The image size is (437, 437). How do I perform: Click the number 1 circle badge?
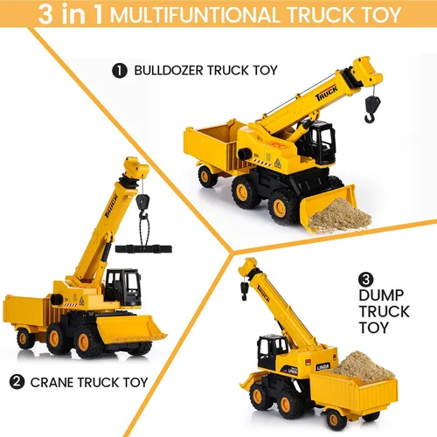[x=120, y=71]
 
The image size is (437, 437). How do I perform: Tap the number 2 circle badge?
[x=17, y=382]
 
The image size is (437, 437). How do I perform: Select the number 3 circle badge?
[x=366, y=280]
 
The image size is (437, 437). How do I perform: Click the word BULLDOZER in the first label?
[x=169, y=71]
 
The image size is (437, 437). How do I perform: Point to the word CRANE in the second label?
[x=52, y=383]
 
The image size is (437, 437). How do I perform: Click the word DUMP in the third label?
[x=381, y=295]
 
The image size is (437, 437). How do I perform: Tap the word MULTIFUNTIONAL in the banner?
[x=195, y=15]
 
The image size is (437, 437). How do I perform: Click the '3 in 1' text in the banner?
[x=71, y=14]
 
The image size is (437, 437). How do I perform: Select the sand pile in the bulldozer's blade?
[x=339, y=215]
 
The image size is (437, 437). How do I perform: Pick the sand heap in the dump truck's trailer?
[x=363, y=366]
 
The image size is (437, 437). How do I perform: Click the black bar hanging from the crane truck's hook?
[x=143, y=249]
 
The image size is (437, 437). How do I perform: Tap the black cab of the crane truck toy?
[x=123, y=287]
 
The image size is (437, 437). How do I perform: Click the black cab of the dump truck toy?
[x=273, y=351]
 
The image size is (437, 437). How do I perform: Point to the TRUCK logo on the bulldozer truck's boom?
[x=327, y=93]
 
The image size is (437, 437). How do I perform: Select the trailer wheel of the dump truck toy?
[x=336, y=420]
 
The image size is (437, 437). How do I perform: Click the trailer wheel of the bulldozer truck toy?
[x=207, y=177]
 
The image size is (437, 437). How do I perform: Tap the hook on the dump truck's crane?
[x=244, y=291]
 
